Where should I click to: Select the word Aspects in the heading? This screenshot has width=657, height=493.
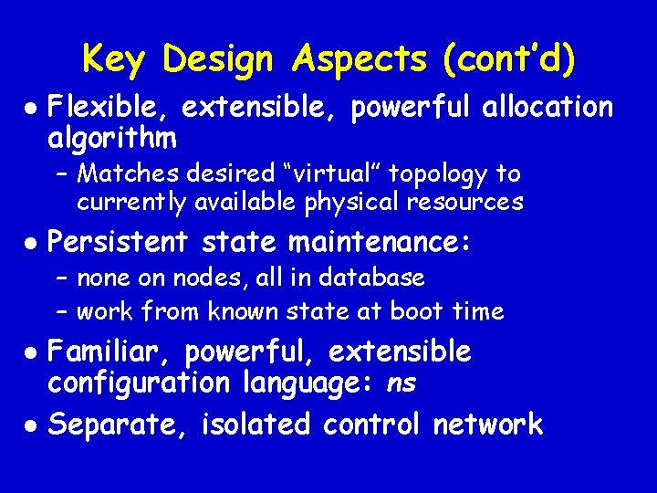tap(359, 59)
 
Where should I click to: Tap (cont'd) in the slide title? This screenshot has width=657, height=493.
tap(509, 59)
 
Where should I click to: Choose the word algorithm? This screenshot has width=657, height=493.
tap(111, 139)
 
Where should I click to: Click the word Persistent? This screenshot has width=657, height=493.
tap(117, 242)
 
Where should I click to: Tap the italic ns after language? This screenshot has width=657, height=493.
tap(401, 384)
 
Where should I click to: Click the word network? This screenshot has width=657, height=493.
tap(488, 425)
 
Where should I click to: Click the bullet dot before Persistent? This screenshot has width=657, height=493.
tap(31, 243)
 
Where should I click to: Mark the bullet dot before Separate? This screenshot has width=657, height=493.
tap(31, 425)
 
